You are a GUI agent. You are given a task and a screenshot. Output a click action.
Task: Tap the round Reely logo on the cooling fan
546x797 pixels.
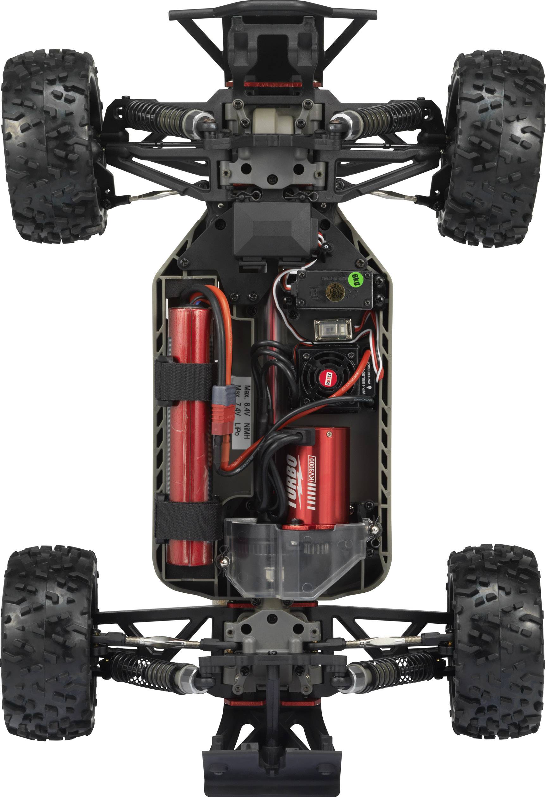[327, 378]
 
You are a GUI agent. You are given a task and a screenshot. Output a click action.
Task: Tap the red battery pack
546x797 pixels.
[189, 429]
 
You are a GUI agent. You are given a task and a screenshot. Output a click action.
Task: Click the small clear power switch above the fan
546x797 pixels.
[333, 330]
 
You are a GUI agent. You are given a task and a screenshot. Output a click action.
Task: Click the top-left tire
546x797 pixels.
[52, 146]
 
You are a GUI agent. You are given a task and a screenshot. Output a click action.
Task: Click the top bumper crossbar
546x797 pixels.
[273, 13]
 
